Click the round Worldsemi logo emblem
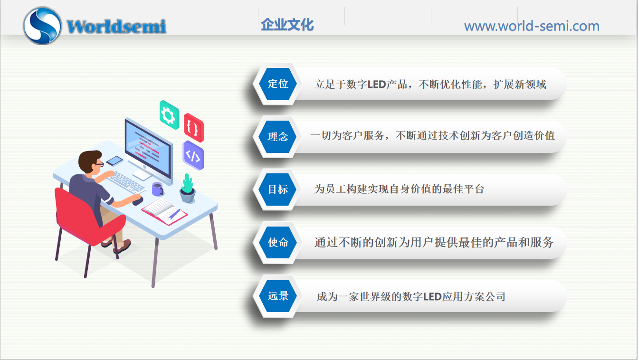(42, 26)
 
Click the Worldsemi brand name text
(116, 26)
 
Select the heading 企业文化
(287, 25)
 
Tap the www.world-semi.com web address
(532, 26)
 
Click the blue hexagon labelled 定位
(278, 84)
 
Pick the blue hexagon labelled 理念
(278, 137)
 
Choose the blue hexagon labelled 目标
(278, 189)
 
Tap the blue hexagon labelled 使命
(278, 242)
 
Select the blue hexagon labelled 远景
(278, 296)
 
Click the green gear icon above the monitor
(169, 115)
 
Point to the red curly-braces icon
(193, 127)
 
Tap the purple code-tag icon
(193, 155)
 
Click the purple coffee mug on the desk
(157, 189)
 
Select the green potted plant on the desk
(188, 189)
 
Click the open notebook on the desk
(164, 210)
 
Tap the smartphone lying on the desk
(114, 161)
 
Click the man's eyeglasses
(99, 164)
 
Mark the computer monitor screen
(148, 145)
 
